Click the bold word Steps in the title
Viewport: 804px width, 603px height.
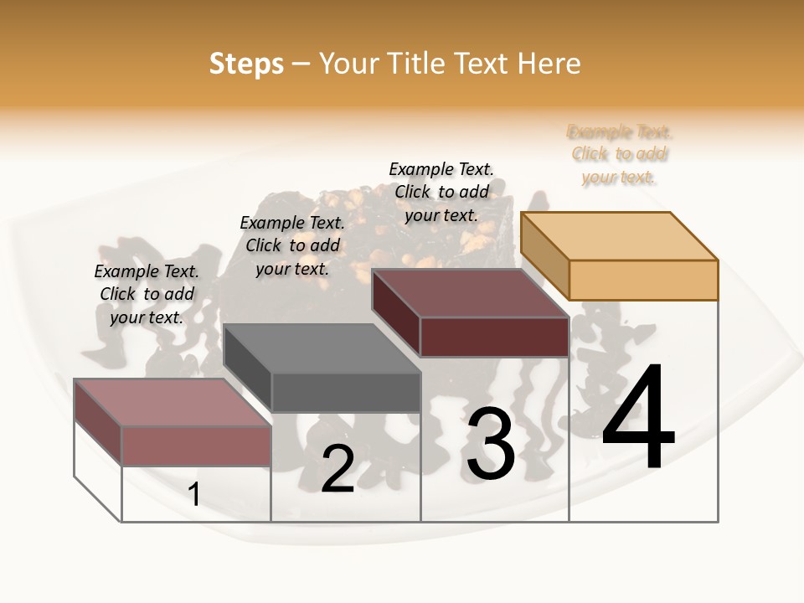[246, 64]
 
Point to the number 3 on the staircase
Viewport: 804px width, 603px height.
[491, 444]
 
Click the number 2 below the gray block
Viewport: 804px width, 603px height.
[338, 469]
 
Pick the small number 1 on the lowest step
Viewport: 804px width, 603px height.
[194, 495]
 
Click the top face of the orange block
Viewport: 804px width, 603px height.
[620, 236]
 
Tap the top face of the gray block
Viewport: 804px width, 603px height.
[322, 348]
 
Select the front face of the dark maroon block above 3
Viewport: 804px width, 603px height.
[494, 338]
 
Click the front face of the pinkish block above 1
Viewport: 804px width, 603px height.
[196, 446]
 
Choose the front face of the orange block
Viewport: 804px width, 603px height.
[643, 280]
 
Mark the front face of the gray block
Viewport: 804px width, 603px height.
[345, 392]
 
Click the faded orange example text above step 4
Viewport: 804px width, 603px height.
[620, 154]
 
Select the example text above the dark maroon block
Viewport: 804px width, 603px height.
[441, 192]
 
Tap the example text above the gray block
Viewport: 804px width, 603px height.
[292, 245]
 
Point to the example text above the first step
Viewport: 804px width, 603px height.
[147, 294]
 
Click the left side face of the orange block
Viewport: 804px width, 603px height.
[544, 255]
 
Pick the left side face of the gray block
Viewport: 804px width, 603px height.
[248, 368]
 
